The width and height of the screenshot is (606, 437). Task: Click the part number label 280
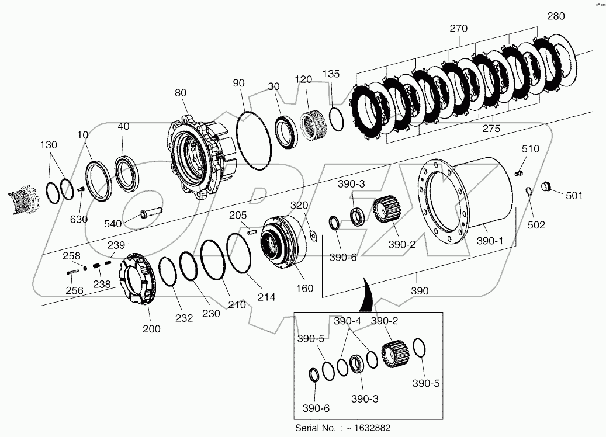click(556, 17)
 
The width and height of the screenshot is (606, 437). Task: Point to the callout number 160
click(304, 288)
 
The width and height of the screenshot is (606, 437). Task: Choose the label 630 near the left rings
click(79, 219)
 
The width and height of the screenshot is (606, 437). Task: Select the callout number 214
click(266, 297)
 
